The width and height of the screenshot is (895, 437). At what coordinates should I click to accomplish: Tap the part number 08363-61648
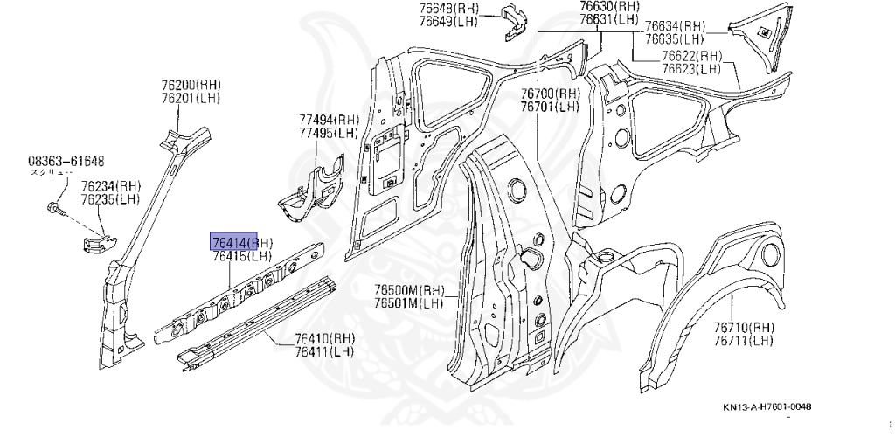point(66,161)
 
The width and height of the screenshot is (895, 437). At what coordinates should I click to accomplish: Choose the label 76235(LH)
point(111,199)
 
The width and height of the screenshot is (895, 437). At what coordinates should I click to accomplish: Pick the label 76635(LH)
point(674,38)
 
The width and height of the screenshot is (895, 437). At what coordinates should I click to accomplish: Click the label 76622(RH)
point(690,55)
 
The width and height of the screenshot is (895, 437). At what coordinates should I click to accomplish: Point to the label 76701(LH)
point(550,107)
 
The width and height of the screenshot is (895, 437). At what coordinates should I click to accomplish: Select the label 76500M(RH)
point(409,290)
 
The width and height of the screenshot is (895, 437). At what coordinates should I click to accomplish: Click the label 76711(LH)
point(743,339)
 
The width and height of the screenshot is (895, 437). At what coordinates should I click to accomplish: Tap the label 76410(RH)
point(324,338)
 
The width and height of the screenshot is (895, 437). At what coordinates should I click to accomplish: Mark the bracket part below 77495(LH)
point(311,189)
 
